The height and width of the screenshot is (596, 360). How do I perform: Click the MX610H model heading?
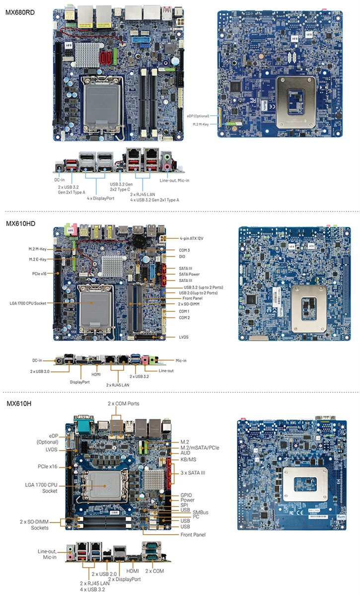coord(19,403)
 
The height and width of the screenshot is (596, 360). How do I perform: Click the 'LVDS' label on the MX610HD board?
coord(184,337)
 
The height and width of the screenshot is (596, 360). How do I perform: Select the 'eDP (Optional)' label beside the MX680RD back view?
coord(201,116)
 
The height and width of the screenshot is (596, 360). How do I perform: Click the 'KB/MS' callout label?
coord(188,459)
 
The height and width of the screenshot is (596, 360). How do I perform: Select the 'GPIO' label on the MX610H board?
coord(186,496)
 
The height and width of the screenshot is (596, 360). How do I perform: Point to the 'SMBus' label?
coord(201,512)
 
